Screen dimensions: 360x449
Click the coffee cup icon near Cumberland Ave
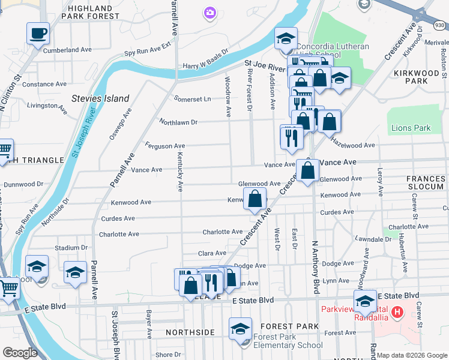coord(38,33)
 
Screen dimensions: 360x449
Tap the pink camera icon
coord(209,11)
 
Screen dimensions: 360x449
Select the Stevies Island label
coord(100,98)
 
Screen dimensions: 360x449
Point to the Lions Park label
coord(411,128)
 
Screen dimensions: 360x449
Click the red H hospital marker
coord(397,313)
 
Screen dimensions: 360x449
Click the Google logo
coord(20,353)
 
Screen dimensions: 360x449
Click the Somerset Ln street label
coord(192,99)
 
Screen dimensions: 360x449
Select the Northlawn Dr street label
coord(178,122)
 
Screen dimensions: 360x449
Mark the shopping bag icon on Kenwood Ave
coord(255,199)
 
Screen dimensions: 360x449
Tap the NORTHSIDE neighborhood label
coord(190,332)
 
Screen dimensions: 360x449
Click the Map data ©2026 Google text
coord(412,355)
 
